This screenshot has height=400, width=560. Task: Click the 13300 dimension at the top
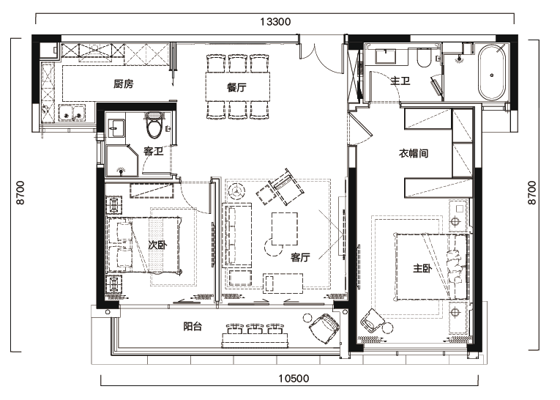point(275,22)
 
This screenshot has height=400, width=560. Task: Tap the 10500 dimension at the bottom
point(294,378)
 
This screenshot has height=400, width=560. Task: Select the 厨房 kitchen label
point(124,84)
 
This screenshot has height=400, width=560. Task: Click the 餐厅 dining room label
point(236,87)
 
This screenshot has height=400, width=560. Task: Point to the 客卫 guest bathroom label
point(154,151)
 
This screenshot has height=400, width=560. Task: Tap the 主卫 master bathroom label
point(400,81)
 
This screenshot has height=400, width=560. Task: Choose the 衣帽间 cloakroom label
point(413,153)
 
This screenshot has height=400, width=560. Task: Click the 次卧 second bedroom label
point(157,245)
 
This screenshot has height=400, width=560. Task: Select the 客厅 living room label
point(300,257)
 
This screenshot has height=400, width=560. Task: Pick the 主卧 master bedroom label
point(422,267)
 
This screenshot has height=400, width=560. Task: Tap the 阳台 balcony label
point(193,326)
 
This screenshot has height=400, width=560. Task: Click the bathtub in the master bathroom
point(492,73)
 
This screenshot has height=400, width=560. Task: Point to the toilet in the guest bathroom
point(154,125)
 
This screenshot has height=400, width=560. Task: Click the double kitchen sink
point(72,112)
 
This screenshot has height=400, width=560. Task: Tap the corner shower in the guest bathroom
point(122,160)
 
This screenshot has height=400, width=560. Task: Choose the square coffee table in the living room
point(285,229)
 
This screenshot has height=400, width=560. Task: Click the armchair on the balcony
point(324,327)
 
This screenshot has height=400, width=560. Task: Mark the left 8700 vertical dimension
point(21,193)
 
